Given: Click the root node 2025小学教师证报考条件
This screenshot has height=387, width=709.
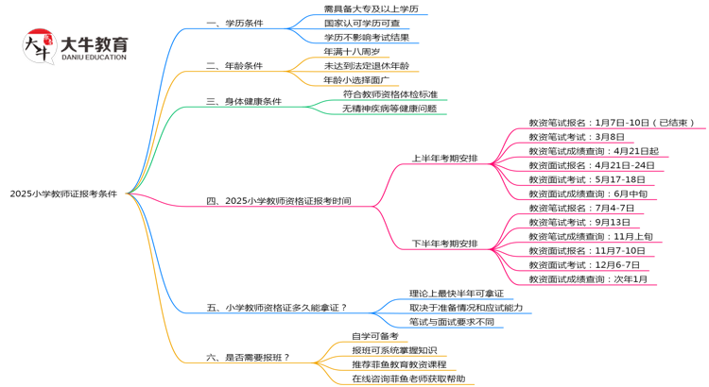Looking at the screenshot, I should click(x=63, y=193).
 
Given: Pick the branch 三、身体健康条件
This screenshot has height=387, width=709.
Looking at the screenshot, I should click(x=244, y=101).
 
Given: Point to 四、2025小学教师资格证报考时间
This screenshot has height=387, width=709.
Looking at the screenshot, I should click(x=279, y=200).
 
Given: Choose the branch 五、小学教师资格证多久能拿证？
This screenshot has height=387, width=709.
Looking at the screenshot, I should click(x=277, y=307).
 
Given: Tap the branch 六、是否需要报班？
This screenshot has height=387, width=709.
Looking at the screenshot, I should click(x=248, y=357).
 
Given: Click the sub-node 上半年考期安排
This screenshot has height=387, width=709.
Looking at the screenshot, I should click(x=444, y=158).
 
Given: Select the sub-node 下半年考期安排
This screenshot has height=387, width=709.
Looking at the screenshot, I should click(x=444, y=244).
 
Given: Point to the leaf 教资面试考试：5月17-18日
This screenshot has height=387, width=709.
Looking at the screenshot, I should click(x=587, y=179).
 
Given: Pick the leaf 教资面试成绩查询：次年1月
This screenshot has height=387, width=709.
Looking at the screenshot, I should click(x=588, y=279).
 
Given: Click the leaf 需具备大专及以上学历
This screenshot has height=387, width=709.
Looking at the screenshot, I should click(x=371, y=9).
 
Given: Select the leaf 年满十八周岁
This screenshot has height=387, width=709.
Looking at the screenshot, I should click(x=352, y=52).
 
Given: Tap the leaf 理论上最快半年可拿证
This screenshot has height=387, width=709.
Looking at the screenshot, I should click(x=456, y=294).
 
